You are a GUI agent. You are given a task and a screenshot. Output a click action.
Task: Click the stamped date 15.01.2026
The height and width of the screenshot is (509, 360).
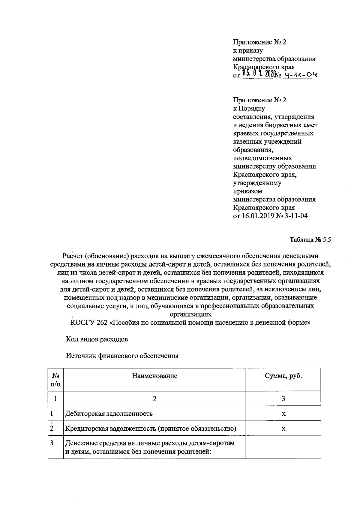tap(258, 73)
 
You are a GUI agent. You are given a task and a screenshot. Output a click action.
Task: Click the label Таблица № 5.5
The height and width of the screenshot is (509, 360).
tap(310, 240)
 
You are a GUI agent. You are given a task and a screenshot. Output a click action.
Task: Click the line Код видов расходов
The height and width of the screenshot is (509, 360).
tap(97, 339)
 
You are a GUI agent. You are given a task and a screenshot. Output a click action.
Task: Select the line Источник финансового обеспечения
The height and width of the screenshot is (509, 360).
tap(122, 356)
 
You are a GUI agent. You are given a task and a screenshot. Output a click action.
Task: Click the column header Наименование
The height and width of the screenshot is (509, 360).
tap(154, 376)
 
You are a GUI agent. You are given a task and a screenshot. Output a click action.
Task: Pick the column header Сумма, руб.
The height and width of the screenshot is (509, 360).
tap(283, 376)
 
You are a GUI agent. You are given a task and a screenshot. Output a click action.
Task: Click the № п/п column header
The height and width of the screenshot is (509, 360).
tap(56, 380)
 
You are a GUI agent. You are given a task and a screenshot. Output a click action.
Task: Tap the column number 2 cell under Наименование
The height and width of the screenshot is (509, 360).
tap(154, 399)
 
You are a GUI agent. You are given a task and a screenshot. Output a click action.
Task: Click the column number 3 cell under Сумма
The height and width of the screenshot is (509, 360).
tap(283, 399)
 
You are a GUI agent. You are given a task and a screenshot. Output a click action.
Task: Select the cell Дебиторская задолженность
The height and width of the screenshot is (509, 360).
tap(109, 414)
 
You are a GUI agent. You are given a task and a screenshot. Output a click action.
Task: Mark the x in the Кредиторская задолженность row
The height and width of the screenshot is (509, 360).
tap(283, 429)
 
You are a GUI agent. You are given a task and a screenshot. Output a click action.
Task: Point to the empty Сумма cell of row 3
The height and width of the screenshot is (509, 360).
tap(283, 447)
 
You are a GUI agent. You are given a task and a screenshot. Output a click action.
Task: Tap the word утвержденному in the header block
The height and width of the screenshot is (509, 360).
tap(257, 183)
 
